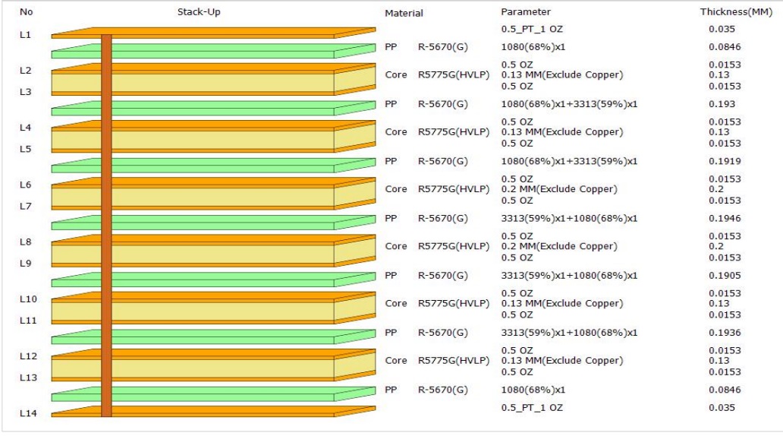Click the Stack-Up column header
(x=200, y=12)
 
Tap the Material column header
(x=403, y=14)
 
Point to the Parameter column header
(x=526, y=12)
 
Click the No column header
(x=27, y=12)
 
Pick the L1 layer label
(x=26, y=34)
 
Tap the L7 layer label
(x=26, y=206)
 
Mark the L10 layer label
(x=28, y=299)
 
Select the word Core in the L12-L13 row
(x=396, y=360)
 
